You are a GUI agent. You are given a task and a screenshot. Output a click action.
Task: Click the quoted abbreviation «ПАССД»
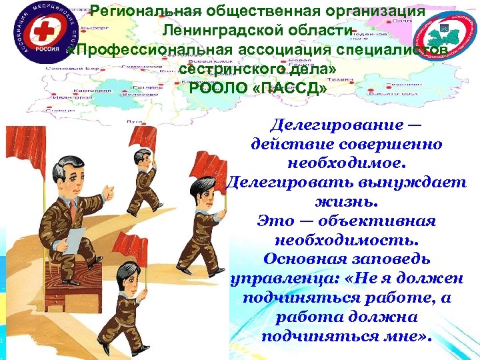coord(288,89)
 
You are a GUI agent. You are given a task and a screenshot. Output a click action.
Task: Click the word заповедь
coord(393,258)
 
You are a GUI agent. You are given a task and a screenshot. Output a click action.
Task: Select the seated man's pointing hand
coord(109,192)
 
